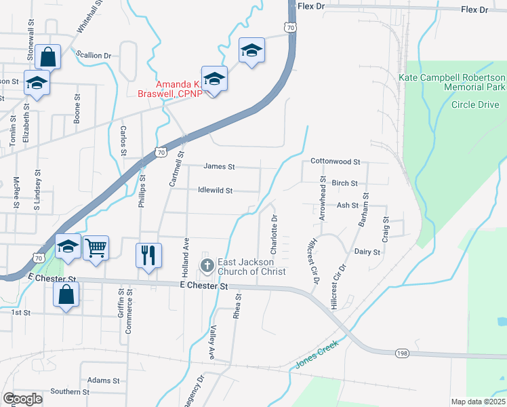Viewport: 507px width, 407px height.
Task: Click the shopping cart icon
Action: pyautogui.click(x=96, y=248)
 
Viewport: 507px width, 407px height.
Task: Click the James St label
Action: pyautogui.click(x=219, y=166)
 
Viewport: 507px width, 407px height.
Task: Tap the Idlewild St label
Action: pyautogui.click(x=215, y=191)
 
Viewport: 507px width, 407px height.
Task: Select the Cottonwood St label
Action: pyautogui.click(x=335, y=161)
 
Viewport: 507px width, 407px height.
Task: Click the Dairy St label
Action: pyautogui.click(x=367, y=251)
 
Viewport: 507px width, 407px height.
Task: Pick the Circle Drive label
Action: pyautogui.click(x=475, y=105)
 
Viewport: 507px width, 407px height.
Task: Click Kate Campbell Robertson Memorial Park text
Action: pyautogui.click(x=452, y=83)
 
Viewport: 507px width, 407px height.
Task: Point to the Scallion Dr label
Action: pyautogui.click(x=98, y=55)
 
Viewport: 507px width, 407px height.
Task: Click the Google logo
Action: pyautogui.click(x=22, y=399)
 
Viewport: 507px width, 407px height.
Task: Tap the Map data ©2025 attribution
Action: pyautogui.click(x=478, y=402)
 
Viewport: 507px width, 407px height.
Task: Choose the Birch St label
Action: pyautogui.click(x=345, y=183)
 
